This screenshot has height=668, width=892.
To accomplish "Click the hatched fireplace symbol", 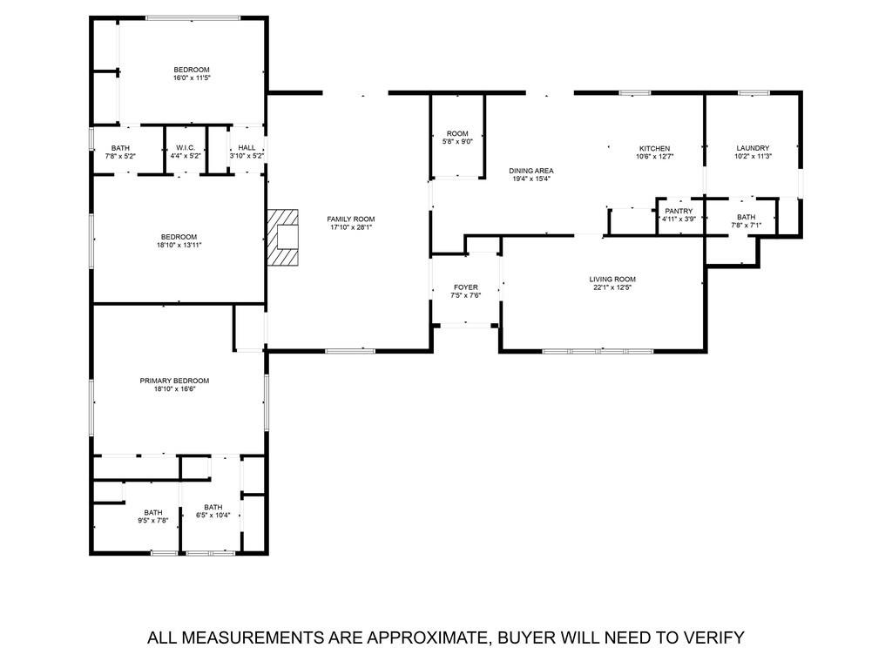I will click(282, 236).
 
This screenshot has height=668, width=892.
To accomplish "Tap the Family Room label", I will click(351, 219).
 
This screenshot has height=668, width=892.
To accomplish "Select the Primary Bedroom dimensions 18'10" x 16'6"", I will click(174, 390).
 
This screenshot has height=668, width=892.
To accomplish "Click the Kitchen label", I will click(654, 148).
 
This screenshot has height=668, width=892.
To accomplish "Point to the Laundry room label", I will click(753, 148).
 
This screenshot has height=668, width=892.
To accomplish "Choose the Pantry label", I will click(678, 211).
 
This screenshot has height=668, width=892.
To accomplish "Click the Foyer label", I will click(465, 287).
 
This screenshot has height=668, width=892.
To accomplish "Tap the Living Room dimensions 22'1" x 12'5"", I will click(610, 287).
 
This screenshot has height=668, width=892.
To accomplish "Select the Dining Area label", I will click(531, 171).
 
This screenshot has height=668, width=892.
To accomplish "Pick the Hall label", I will click(247, 147).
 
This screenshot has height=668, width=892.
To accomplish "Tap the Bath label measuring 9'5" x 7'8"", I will click(153, 512).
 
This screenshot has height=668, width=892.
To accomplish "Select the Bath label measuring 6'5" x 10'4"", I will click(213, 507).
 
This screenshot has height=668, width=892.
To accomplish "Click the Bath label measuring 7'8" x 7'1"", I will click(747, 217).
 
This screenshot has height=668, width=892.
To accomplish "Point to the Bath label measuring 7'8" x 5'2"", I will click(120, 147).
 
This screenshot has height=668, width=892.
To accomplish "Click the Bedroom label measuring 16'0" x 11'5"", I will click(192, 70).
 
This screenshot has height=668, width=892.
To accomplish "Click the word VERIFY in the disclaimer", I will click(712, 638).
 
